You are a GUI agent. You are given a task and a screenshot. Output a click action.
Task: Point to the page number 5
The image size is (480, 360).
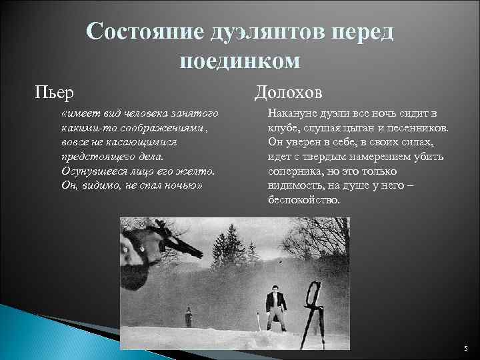[465, 350]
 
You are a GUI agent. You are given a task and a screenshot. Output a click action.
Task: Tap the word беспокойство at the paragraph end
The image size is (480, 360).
[303, 200]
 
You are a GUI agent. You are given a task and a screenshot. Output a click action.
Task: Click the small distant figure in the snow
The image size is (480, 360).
[189, 318]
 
